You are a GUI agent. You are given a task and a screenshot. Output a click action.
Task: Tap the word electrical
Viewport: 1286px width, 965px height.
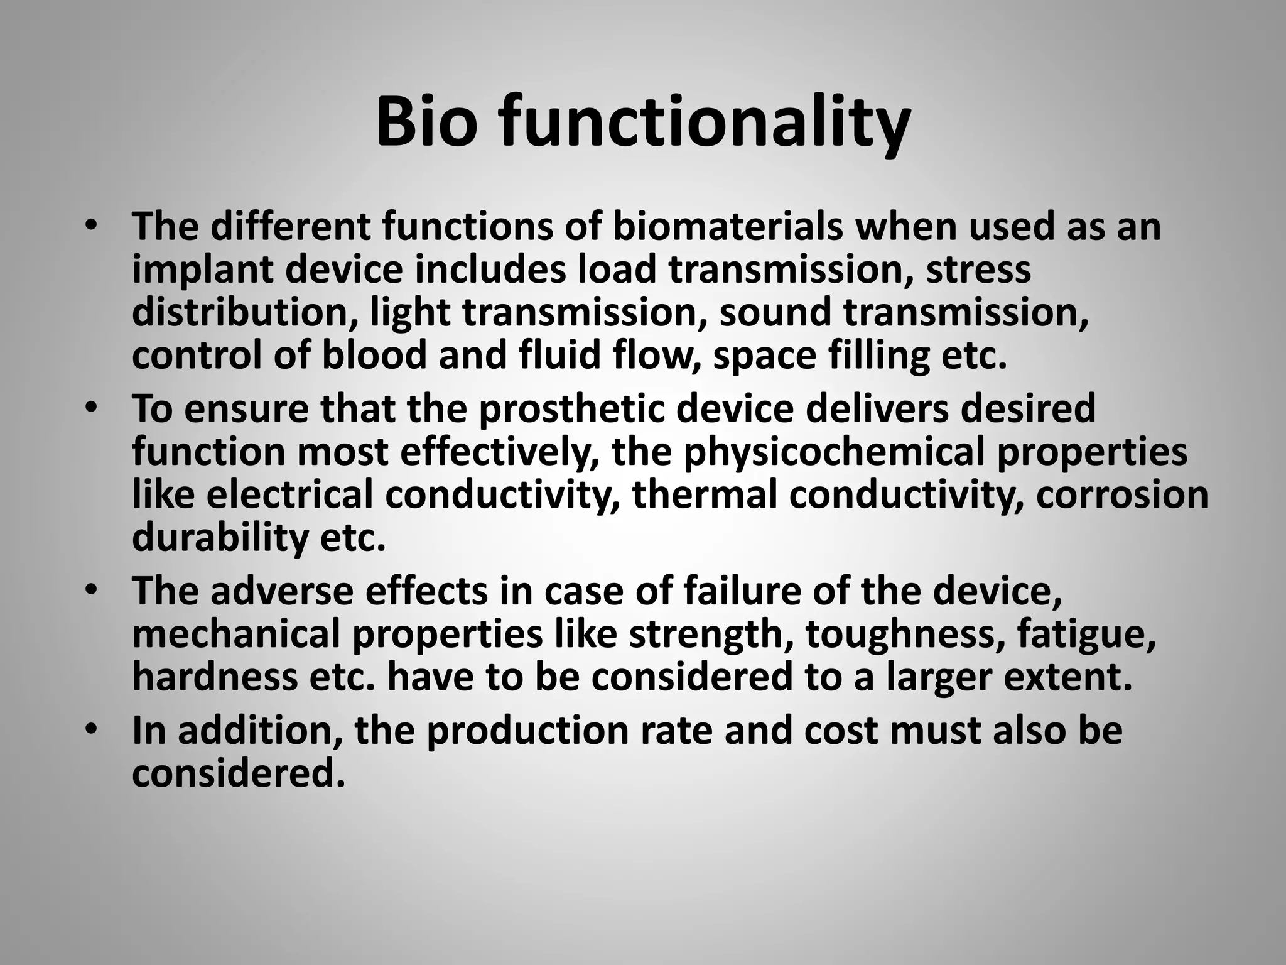click(289, 494)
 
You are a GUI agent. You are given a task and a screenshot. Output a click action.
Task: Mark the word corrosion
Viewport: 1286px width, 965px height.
click(1122, 494)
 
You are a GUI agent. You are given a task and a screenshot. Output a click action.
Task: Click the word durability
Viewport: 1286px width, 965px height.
click(220, 538)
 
